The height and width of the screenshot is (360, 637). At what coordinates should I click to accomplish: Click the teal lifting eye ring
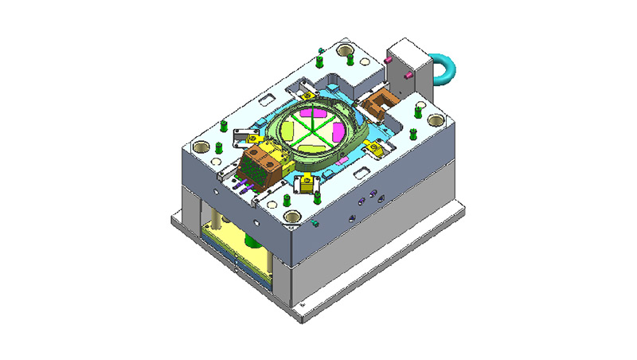point(444,67)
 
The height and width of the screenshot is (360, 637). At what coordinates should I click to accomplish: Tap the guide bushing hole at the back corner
point(346,52)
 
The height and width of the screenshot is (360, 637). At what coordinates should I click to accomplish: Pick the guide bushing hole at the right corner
point(436,119)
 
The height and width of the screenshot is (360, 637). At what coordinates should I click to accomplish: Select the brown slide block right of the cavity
point(379,102)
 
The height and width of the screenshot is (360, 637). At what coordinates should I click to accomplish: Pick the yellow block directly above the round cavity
point(310,92)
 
